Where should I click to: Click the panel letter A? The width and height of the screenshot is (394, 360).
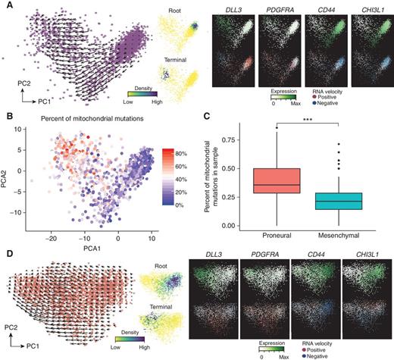[7, 6]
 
